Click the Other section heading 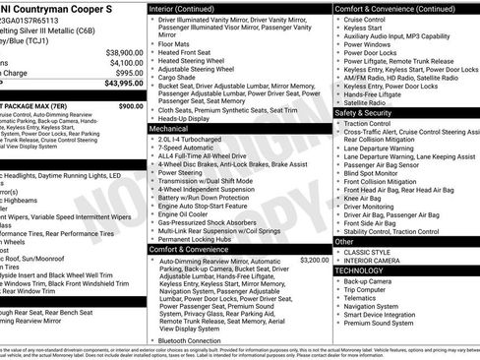point(344,241)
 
